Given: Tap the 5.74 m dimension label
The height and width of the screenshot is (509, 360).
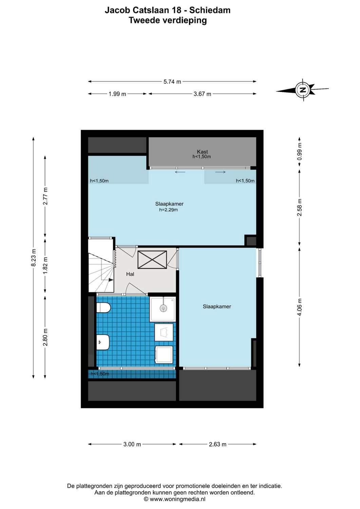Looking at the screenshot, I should (172, 82).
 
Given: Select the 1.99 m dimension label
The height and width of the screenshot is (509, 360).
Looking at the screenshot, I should (117, 94).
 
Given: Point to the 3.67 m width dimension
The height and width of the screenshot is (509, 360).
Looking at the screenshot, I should (202, 94).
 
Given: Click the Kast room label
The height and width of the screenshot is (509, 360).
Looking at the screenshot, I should (202, 152).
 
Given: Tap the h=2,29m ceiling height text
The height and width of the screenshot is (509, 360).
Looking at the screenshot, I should (169, 210).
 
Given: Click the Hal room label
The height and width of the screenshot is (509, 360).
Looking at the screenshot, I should (130, 274).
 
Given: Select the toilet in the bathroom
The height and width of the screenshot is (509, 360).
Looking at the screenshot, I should (103, 308).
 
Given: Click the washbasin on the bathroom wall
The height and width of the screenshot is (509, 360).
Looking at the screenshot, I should (102, 342).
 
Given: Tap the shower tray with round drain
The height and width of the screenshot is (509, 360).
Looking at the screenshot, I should (163, 308).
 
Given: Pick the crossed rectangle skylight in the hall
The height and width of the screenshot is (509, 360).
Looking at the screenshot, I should (152, 260).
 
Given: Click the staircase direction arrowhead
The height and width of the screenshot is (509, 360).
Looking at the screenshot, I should (111, 280).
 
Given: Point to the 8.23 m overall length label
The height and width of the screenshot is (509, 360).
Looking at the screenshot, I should (33, 258).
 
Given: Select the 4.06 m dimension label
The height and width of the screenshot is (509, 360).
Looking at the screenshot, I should (299, 307).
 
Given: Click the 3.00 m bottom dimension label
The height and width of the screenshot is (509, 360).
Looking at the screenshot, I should (132, 444).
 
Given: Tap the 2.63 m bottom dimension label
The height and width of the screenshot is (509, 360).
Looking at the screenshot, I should (217, 444).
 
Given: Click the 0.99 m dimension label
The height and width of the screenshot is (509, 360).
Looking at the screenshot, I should (299, 152).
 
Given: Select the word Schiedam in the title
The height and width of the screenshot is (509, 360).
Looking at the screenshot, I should (210, 10).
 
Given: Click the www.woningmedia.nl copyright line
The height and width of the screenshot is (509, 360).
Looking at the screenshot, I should (174, 499).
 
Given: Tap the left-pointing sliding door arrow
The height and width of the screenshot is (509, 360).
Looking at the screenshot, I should (180, 172).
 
